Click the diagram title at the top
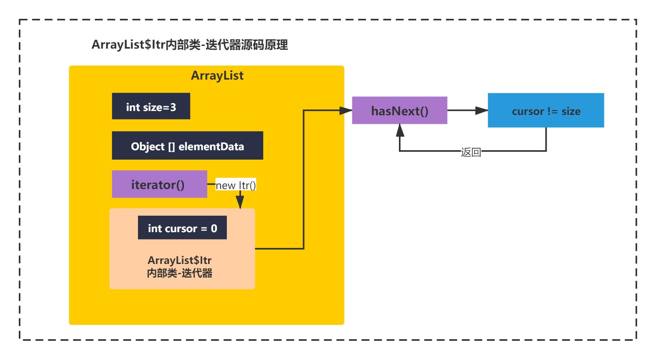(x=190, y=45)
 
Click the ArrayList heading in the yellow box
(x=217, y=76)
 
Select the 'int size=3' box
(x=151, y=106)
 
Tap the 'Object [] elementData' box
(x=187, y=145)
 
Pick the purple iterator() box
(x=159, y=184)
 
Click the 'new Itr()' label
(x=236, y=185)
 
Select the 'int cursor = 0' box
(x=183, y=227)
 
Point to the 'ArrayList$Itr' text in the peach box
(x=179, y=260)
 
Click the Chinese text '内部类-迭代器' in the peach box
(x=179, y=273)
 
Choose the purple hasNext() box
(x=399, y=110)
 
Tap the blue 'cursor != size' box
(x=546, y=110)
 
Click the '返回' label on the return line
(x=471, y=152)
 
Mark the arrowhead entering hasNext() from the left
(x=346, y=111)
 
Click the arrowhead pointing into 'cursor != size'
(x=482, y=110)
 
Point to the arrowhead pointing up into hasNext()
(x=400, y=130)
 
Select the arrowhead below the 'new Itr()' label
(x=240, y=202)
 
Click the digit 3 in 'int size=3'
(x=173, y=107)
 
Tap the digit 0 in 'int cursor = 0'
(x=214, y=228)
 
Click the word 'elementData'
(x=211, y=146)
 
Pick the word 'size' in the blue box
(x=571, y=111)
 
